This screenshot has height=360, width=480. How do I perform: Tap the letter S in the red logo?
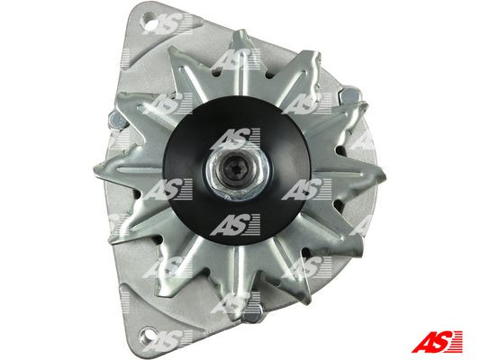click(x=442, y=341)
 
